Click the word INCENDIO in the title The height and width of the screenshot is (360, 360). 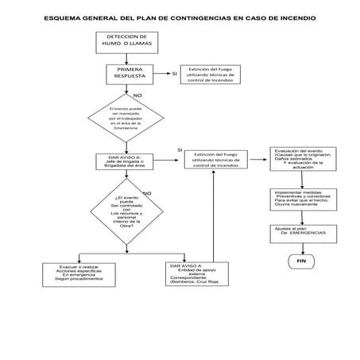click(x=293, y=15)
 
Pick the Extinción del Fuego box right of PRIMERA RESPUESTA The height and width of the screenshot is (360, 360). click(x=211, y=76)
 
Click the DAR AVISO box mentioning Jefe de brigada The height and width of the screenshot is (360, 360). click(x=129, y=161)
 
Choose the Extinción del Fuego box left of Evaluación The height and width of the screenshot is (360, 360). click(x=217, y=160)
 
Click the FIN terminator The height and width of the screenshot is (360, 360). click(x=301, y=261)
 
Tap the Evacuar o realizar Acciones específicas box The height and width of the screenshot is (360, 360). click(x=79, y=273)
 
